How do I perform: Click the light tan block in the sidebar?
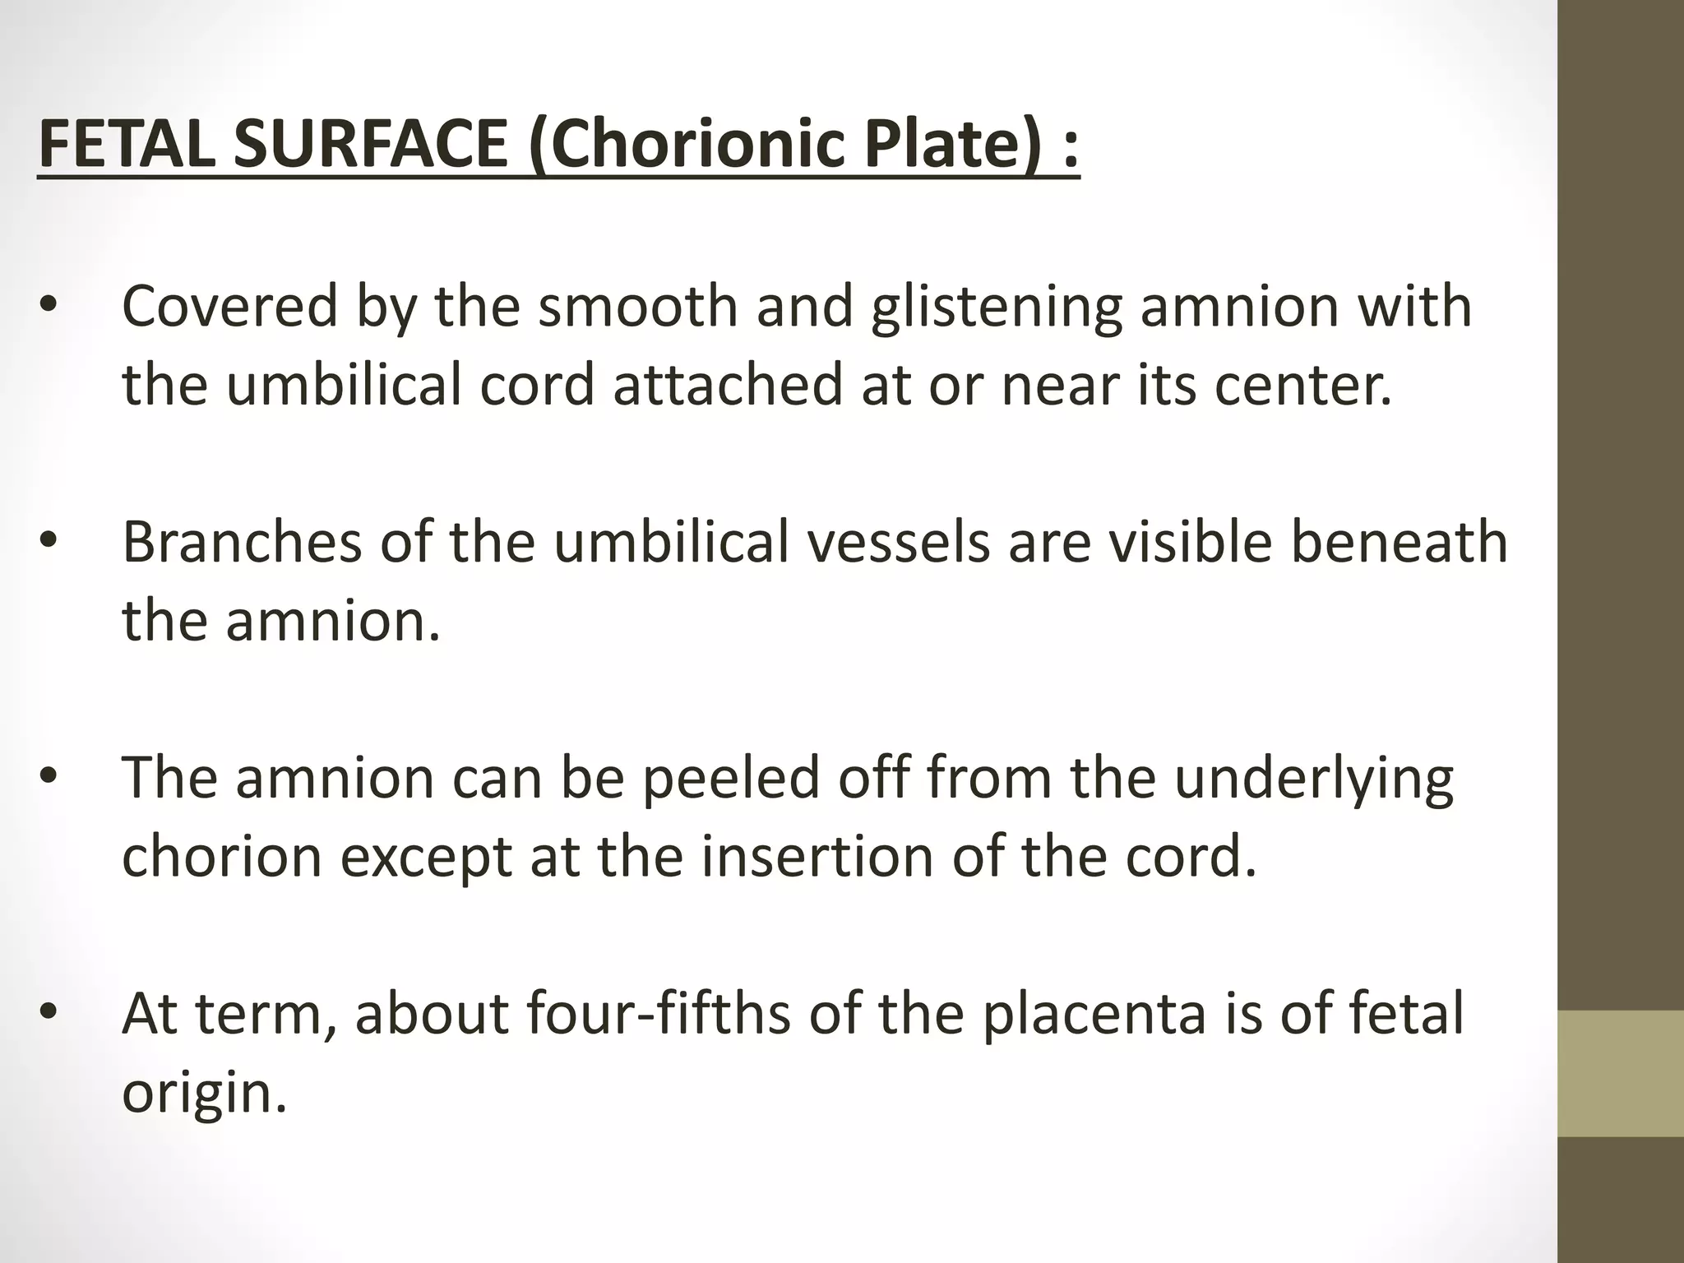point(1621,1073)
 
